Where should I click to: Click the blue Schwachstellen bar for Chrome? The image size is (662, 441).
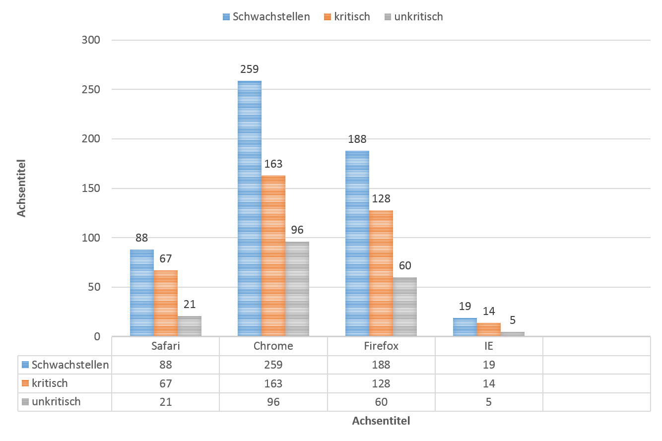[x=249, y=208]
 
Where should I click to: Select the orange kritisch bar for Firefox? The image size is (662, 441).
[x=381, y=273]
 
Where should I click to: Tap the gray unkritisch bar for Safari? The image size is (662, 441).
[x=189, y=326]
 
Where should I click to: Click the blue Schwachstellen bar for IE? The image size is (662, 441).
[x=465, y=327]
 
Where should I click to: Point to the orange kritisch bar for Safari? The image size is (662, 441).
[x=165, y=303]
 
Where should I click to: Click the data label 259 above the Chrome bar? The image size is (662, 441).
[x=249, y=69]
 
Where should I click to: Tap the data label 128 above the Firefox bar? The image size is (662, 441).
[x=381, y=199]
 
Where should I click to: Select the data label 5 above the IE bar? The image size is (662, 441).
[x=513, y=320]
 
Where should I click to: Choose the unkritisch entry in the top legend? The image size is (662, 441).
[x=418, y=16]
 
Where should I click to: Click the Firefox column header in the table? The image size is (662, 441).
[x=381, y=346]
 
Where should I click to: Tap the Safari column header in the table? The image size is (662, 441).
[x=165, y=346]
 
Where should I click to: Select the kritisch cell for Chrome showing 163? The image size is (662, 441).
[x=273, y=383]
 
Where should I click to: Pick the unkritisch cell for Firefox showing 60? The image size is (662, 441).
[x=381, y=402]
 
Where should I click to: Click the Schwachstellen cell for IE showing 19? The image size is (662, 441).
[x=489, y=365]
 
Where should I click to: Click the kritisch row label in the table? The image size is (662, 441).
[x=50, y=383]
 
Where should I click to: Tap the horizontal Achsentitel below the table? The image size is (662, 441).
[x=381, y=421]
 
